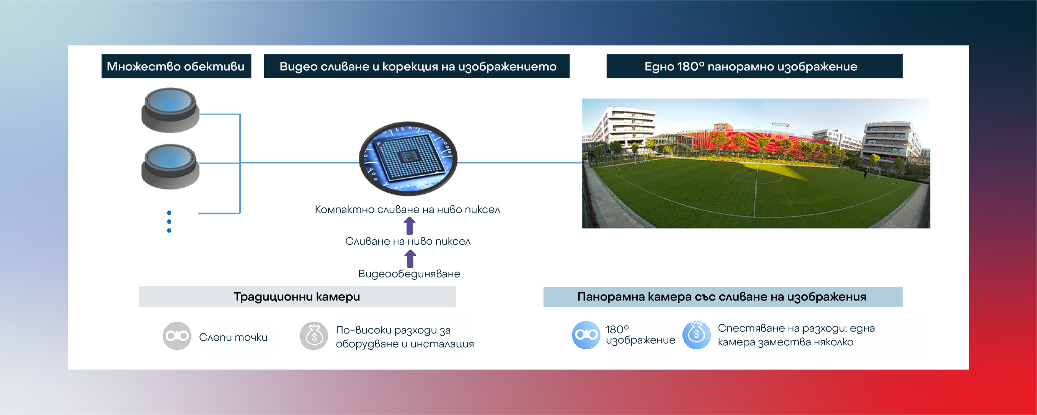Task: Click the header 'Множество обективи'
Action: point(176,66)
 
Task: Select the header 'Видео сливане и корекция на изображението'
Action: point(416,66)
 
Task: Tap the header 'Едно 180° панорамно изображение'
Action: point(754,66)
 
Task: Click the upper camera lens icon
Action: point(170,110)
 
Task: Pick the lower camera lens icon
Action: point(170,167)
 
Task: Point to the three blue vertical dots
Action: point(169,221)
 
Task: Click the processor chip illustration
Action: point(408,158)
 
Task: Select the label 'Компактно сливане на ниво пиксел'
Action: point(407,210)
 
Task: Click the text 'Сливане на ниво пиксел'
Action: point(408,241)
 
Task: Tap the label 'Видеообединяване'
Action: point(409,274)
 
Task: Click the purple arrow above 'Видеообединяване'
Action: point(410,259)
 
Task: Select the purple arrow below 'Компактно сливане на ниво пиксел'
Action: point(410,226)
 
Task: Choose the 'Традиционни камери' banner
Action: point(297,297)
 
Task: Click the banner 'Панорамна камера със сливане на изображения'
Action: point(723,297)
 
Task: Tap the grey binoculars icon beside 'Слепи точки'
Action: point(177,336)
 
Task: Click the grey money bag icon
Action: point(314,336)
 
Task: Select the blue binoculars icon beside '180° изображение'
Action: point(586,335)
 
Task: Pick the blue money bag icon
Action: point(696,335)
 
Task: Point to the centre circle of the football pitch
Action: point(757,177)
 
